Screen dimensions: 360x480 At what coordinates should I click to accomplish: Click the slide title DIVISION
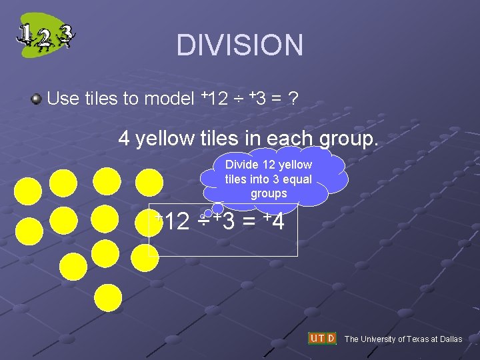coord(239,45)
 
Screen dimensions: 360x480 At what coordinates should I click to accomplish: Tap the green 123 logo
coord(45,35)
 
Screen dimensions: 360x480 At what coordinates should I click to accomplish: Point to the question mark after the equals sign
coord(293,99)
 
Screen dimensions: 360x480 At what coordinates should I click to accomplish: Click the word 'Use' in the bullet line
coord(63,99)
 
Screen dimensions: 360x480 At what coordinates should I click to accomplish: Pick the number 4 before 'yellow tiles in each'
coord(124,139)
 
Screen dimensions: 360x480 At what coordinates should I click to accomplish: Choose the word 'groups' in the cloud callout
coord(269,194)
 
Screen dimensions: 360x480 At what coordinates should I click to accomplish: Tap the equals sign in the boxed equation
coord(248,221)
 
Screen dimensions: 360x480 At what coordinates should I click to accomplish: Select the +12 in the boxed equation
coord(173,221)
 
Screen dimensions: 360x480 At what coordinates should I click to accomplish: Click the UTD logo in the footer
coord(322,339)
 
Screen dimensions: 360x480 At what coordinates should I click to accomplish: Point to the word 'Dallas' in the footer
coord(449,339)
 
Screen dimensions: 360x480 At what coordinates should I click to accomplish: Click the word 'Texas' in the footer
coord(417,339)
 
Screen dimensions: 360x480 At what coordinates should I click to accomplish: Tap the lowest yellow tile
coord(108,298)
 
